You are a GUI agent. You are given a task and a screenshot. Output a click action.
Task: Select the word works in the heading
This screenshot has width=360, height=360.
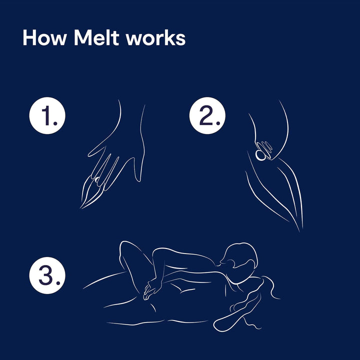tap(156, 38)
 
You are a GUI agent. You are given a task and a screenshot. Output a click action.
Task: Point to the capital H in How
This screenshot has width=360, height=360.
tap(29, 38)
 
